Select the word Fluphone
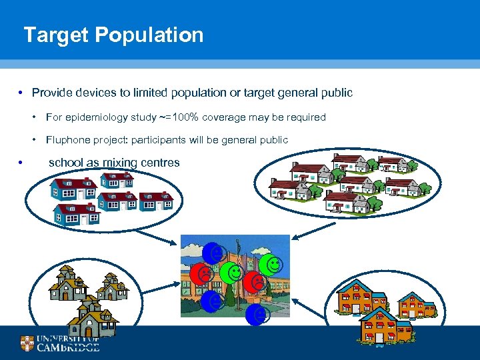click(x=69, y=140)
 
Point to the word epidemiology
click(x=110, y=117)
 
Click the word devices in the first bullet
click(x=95, y=93)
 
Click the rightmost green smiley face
click(x=269, y=264)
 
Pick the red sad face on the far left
click(x=200, y=273)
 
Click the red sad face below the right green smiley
click(x=253, y=282)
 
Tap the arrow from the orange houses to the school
click(x=307, y=307)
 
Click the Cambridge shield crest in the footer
click(x=27, y=344)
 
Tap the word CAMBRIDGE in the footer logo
click(x=68, y=347)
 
